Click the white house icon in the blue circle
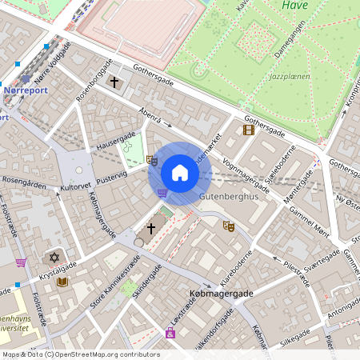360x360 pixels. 180,173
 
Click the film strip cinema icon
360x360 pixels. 249,129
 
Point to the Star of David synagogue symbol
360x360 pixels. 54,258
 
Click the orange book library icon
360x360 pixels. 62,282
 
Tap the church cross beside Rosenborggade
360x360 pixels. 114,82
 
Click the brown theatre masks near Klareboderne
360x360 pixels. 228,226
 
